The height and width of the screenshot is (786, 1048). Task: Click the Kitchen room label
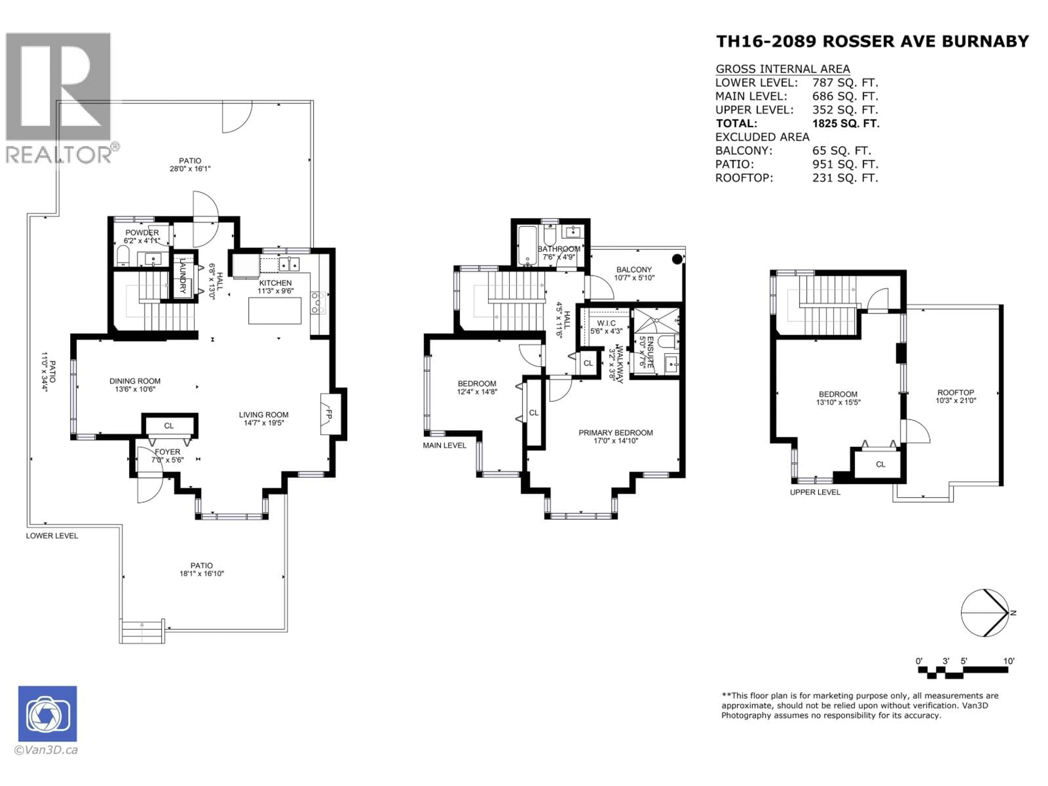(x=275, y=283)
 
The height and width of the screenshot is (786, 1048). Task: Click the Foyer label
(x=167, y=452)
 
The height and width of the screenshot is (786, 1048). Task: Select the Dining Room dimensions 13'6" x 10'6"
(x=135, y=389)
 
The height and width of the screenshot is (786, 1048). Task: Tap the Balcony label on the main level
(x=634, y=270)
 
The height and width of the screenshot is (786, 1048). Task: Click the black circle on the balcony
(x=677, y=259)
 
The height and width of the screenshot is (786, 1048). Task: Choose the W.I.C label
(x=606, y=323)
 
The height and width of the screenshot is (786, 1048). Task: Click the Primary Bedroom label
(x=615, y=433)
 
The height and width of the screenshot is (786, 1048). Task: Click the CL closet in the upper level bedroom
(x=880, y=464)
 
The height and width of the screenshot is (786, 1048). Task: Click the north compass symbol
(x=984, y=613)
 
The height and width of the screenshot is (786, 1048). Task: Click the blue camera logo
(x=47, y=713)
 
